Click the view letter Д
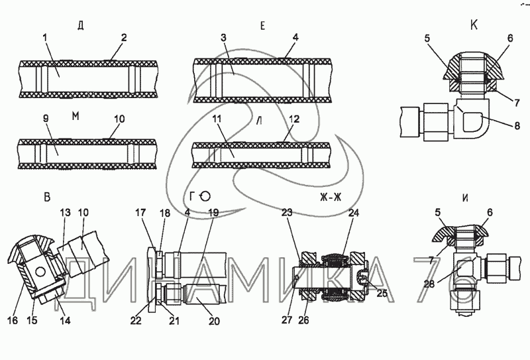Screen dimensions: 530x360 80,26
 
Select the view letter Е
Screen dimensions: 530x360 262,26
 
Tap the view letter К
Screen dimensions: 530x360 474,25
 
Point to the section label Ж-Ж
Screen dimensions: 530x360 331,197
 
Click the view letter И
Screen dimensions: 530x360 465,198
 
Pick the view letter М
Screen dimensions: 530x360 76,116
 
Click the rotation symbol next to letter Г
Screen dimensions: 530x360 205,196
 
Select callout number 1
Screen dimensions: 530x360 45,38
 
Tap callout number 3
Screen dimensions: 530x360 223,38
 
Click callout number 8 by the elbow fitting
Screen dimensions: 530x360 517,126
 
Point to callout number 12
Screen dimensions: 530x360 294,119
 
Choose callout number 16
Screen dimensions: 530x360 13,320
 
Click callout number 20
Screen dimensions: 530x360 214,321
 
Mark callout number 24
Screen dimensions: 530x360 353,212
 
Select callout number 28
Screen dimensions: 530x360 429,284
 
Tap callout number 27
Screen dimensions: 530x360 287,320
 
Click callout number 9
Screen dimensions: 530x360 46,118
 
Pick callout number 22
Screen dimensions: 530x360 136,320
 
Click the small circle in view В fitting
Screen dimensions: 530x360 40,272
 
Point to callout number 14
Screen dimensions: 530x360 65,320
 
